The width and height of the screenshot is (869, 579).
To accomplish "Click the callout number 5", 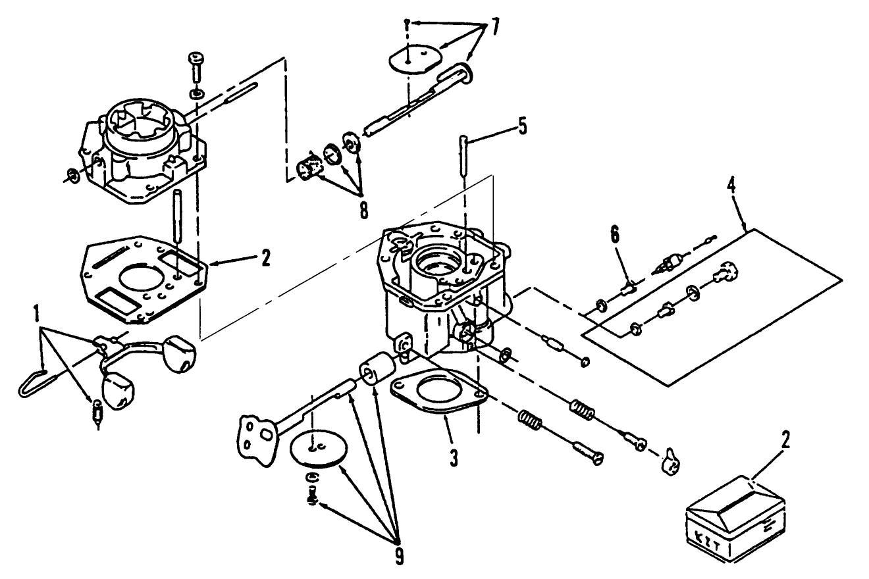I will click(521, 125).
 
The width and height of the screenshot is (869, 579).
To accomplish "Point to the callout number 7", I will click(494, 28).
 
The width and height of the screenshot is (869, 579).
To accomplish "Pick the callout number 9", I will click(399, 556).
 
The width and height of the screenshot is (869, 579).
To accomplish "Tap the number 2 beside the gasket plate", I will click(265, 258).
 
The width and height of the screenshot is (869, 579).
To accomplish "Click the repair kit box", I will click(735, 516).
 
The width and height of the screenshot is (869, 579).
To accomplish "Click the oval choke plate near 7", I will click(413, 61).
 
